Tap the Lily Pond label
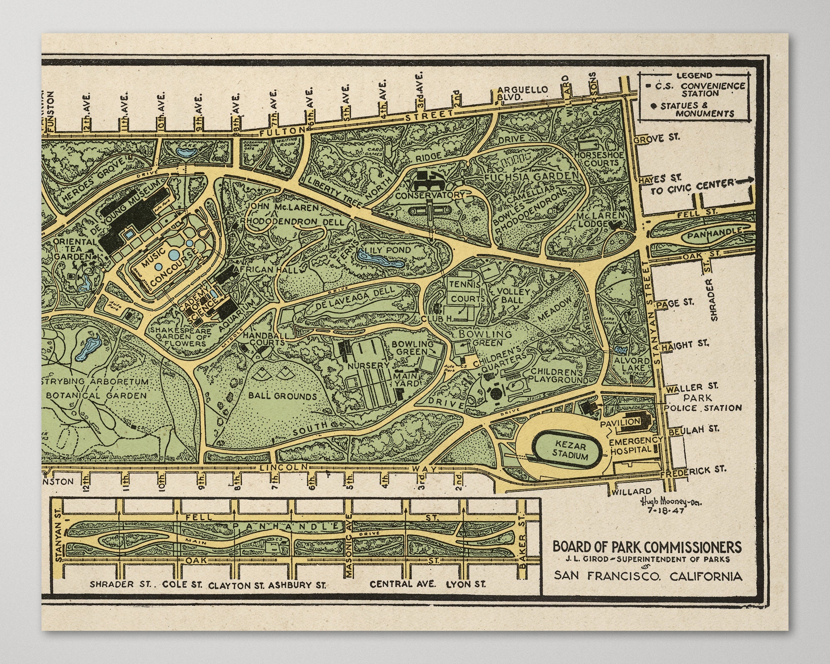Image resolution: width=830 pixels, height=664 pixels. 387,250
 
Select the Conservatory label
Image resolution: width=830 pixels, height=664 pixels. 430,195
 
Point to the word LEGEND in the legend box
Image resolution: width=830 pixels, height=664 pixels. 694,76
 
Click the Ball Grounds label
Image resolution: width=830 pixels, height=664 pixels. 282,396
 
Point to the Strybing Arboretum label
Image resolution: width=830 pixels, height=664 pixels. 96,381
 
